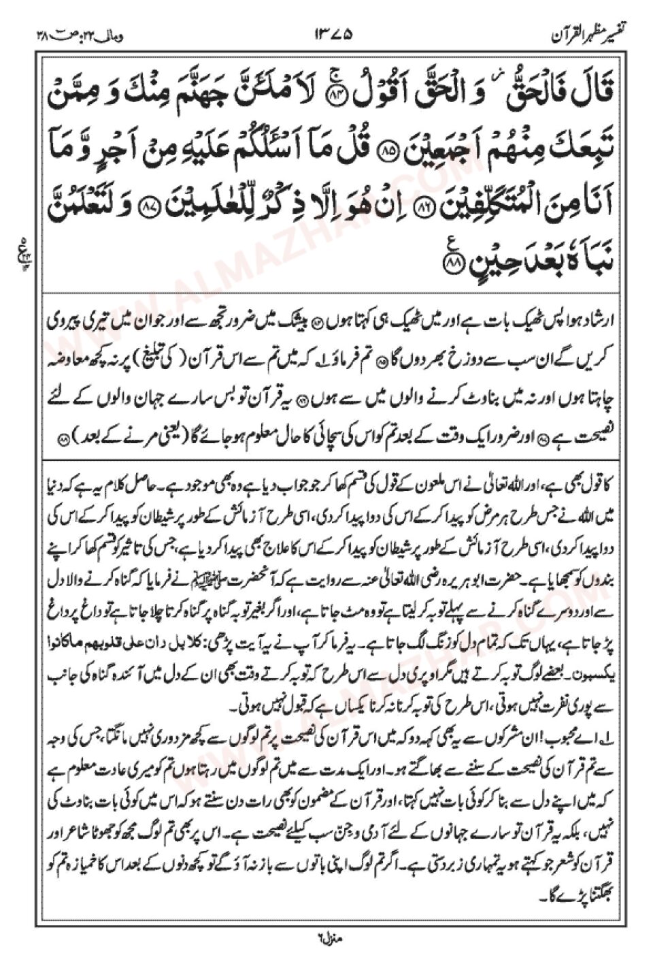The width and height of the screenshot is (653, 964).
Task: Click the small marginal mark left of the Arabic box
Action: click(19, 242)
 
